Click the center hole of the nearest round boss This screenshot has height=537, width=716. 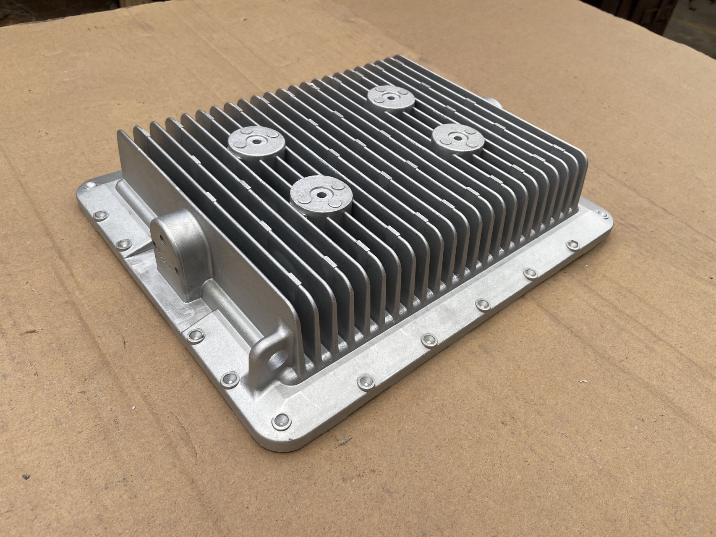click(320, 196)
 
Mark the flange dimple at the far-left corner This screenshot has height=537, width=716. click(90, 186)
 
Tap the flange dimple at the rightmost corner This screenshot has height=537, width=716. click(604, 215)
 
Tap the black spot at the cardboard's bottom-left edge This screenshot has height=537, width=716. click(26, 489)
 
